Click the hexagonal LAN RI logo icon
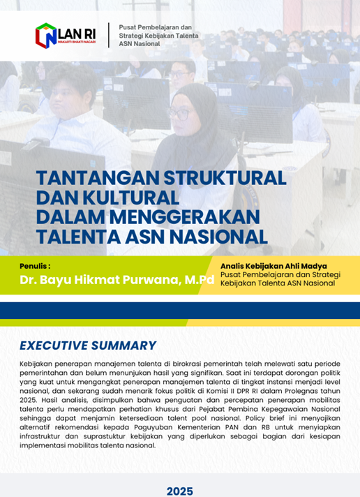pos(46,36)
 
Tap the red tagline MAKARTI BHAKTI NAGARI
pos(77,42)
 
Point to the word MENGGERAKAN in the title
pos(185,217)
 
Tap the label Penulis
pos(35,266)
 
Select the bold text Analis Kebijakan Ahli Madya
pos(273,266)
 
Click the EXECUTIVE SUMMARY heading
pos(88,345)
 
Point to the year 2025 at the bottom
pos(180,491)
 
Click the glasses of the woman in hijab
pos(179,114)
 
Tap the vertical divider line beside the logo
pos(109,35)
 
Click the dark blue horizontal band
pos(180,311)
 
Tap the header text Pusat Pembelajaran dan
pos(156,28)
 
